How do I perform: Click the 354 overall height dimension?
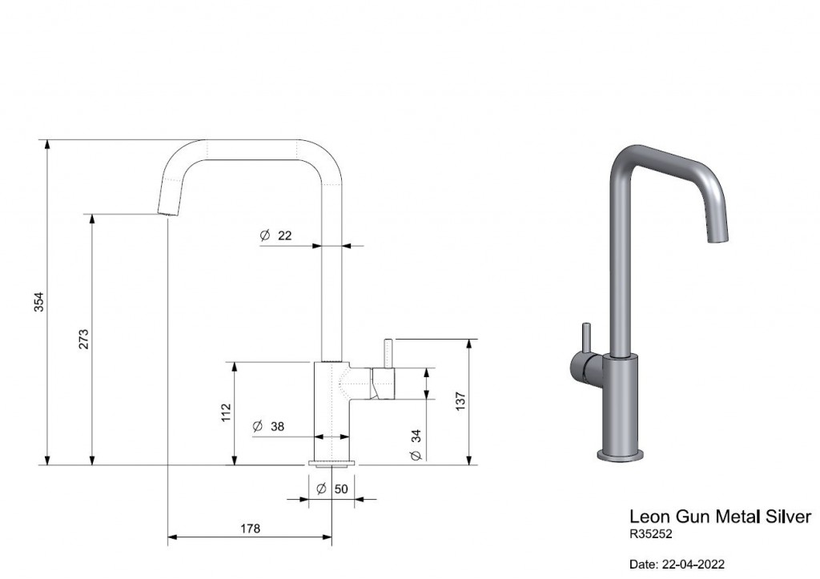click(x=39, y=302)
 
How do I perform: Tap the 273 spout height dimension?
click(x=83, y=339)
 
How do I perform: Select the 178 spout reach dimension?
click(x=250, y=529)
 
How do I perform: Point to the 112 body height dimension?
click(x=226, y=412)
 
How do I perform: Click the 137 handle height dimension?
click(x=460, y=401)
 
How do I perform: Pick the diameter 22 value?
click(x=284, y=235)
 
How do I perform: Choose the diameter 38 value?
click(x=277, y=426)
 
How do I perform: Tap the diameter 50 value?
click(x=341, y=489)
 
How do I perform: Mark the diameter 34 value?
click(x=416, y=436)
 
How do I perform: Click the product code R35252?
click(x=650, y=534)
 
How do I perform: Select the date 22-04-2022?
click(x=693, y=565)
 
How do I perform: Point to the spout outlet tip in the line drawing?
click(x=167, y=213)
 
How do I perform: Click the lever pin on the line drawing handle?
click(x=389, y=354)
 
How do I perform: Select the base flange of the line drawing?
click(x=332, y=462)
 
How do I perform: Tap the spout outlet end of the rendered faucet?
click(x=718, y=238)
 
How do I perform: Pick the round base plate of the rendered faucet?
click(x=621, y=455)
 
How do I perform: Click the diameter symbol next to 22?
click(x=264, y=235)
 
